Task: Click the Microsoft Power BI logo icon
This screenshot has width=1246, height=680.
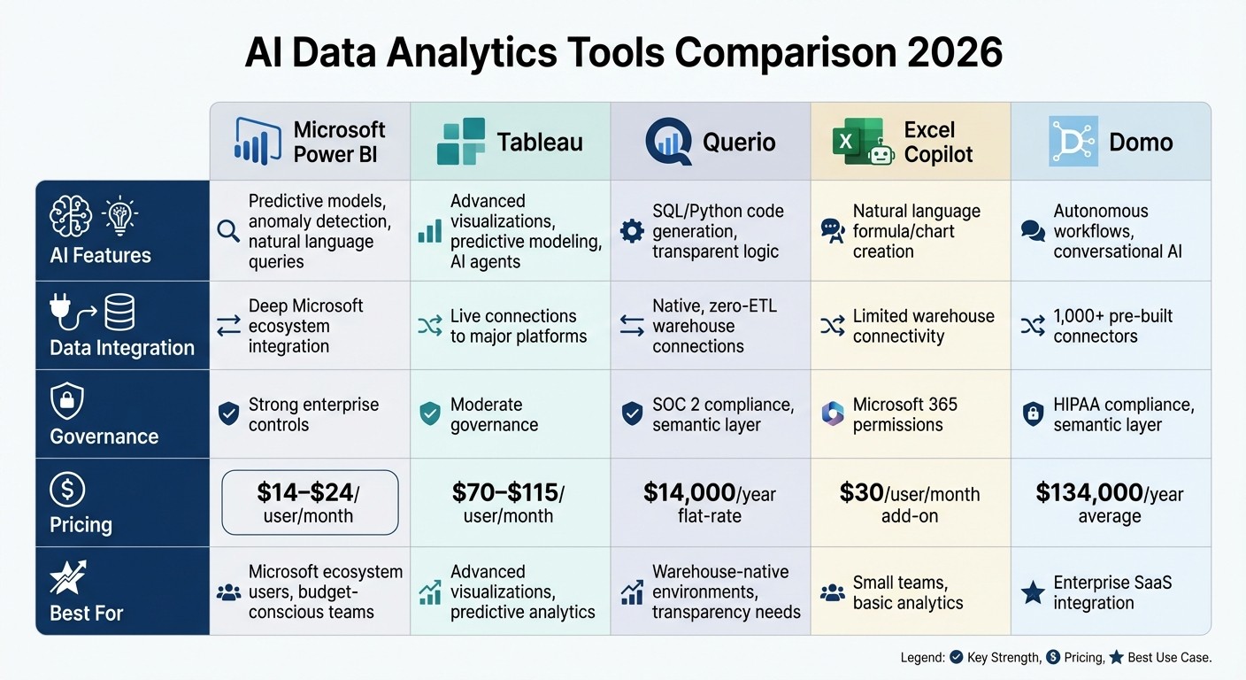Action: (x=258, y=142)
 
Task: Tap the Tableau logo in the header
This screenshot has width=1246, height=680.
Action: (x=461, y=142)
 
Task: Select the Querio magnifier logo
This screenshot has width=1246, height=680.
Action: (x=667, y=142)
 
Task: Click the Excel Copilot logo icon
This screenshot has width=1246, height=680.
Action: (x=858, y=142)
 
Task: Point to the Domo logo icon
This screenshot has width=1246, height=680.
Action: (x=1073, y=142)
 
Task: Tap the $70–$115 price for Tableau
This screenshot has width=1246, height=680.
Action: (x=504, y=492)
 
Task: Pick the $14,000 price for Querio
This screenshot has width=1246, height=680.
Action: (x=689, y=492)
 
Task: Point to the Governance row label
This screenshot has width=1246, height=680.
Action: (x=104, y=437)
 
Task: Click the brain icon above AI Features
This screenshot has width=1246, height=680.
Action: (x=71, y=216)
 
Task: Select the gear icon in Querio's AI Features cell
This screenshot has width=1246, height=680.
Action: (x=632, y=231)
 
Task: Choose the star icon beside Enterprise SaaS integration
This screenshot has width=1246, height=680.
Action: (x=1033, y=593)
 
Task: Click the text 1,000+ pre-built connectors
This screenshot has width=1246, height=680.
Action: (x=1112, y=326)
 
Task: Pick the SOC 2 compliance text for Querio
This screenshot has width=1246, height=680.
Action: (x=723, y=405)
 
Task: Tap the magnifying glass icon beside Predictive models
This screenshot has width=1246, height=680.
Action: (x=228, y=231)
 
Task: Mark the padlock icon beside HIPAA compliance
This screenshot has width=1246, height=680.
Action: (x=1033, y=414)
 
